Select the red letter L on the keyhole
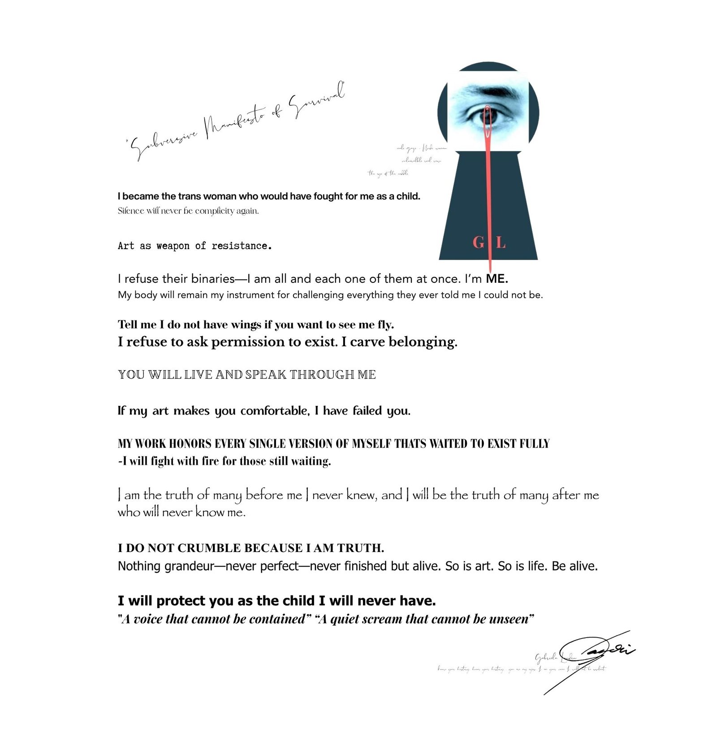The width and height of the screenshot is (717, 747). (x=501, y=243)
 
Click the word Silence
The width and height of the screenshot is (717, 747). (x=131, y=211)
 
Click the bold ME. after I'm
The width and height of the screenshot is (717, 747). (x=497, y=279)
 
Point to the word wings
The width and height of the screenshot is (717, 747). (x=245, y=324)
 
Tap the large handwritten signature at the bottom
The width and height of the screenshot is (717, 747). (x=600, y=654)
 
